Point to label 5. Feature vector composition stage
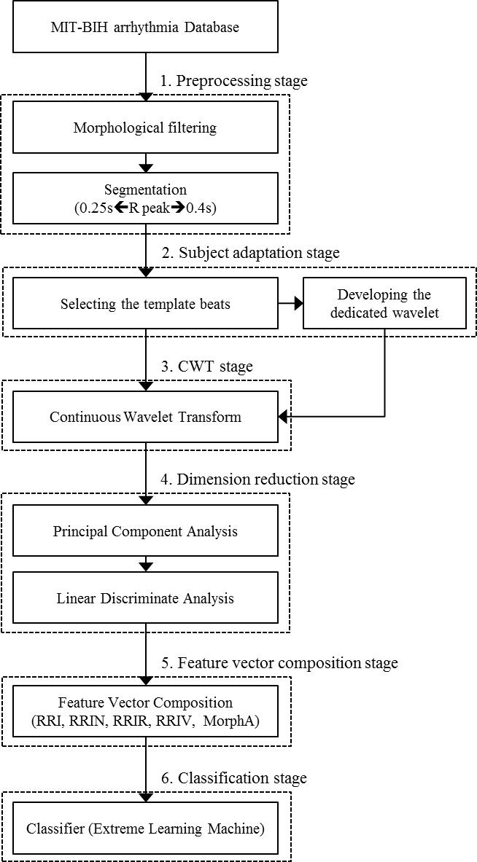click(279, 664)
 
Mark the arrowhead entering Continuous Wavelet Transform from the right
click(284, 418)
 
